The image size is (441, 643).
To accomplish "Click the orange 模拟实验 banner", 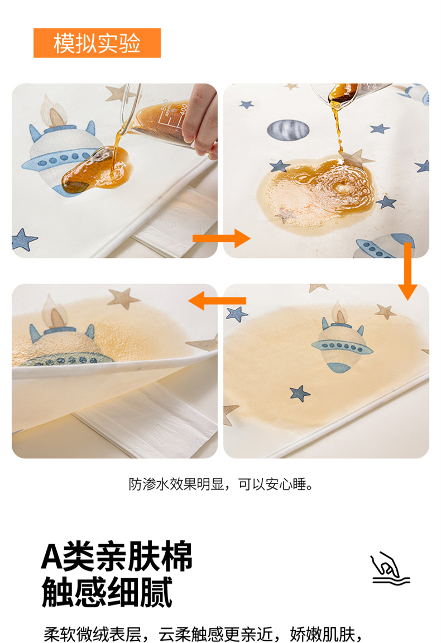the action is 97,42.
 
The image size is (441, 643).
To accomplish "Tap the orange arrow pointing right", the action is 221,238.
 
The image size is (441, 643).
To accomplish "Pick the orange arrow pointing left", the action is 217,301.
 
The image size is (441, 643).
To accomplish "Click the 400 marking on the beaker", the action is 183,109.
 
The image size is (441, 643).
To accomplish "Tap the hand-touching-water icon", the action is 390,568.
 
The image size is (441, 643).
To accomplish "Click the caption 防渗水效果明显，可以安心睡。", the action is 222,484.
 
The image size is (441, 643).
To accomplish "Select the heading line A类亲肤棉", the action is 117,556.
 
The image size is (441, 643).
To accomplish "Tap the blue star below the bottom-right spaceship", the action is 300,394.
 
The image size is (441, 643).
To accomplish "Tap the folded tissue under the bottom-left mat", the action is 148,418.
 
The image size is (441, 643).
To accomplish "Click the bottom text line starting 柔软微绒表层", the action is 203,634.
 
